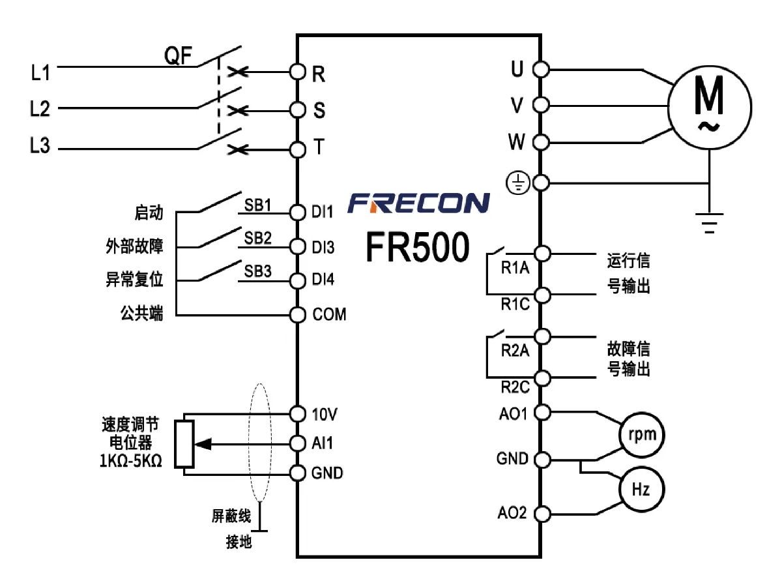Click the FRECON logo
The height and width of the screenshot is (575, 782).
418,203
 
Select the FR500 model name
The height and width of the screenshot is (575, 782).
418,247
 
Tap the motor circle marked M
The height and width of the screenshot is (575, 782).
710,108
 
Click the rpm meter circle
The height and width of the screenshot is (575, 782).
642,435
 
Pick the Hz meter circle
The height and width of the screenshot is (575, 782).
642,489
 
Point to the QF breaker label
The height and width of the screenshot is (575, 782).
178,55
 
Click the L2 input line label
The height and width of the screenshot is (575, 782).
40,108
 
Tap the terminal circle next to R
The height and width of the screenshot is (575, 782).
297,72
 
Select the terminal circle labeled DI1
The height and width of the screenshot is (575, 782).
297,213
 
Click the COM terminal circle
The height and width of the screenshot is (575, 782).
297,315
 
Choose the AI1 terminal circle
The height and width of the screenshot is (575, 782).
297,444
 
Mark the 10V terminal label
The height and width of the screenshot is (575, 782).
325,415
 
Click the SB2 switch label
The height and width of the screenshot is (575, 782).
257,238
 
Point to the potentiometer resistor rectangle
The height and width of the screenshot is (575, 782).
184,444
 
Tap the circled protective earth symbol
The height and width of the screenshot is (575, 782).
518,183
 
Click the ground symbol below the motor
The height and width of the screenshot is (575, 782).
710,223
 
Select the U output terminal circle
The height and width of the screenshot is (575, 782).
541,70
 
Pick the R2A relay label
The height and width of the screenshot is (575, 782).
515,350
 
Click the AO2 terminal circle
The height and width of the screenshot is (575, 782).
542,514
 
